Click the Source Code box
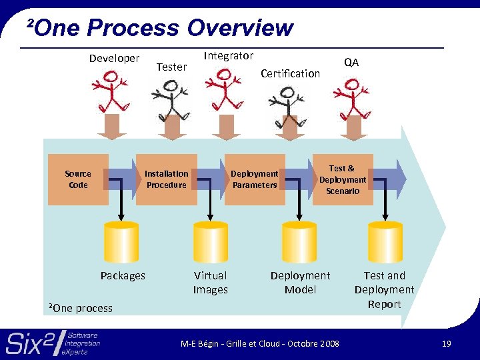click(78, 179)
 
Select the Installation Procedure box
click(167, 179)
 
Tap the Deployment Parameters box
click(255, 179)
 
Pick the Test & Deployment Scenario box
click(343, 179)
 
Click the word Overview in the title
click(240, 28)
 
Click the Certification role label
click(290, 73)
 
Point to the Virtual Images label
click(210, 283)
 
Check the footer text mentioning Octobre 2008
click(260, 343)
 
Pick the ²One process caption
click(81, 308)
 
